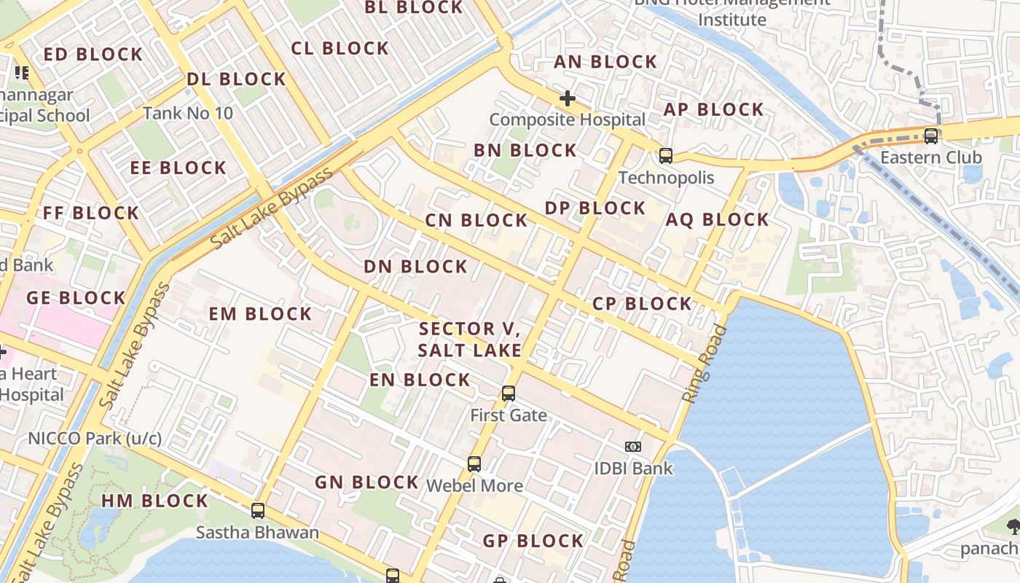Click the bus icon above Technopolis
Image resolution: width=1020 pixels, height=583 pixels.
tap(665, 155)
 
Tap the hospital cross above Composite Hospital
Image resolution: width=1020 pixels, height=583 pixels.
tap(567, 98)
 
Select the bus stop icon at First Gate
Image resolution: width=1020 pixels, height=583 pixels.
tap(509, 394)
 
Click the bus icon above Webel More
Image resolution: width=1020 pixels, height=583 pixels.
tap(474, 463)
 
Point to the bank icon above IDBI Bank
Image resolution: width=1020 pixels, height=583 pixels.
tap(632, 446)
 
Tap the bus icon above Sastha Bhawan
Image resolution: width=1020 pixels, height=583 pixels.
tap(257, 511)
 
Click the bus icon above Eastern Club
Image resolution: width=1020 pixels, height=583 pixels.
tap(930, 136)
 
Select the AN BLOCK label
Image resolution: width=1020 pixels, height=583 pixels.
tap(605, 62)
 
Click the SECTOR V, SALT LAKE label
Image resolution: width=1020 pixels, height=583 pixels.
tap(470, 340)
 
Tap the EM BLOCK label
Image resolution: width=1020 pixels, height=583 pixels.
tap(260, 314)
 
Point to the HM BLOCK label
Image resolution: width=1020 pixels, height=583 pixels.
tap(154, 501)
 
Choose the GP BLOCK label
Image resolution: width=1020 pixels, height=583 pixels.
tap(533, 541)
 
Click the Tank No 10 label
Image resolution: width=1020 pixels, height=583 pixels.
tap(188, 113)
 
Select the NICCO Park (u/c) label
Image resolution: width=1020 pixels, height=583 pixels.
tap(95, 439)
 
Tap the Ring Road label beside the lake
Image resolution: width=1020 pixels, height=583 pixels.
tap(705, 364)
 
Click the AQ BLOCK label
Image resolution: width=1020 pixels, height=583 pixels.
tap(717, 219)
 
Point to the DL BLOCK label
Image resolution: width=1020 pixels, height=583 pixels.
tap(236, 79)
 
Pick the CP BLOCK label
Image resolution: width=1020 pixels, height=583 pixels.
tap(642, 303)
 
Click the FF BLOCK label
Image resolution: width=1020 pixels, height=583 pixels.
tap(90, 213)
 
